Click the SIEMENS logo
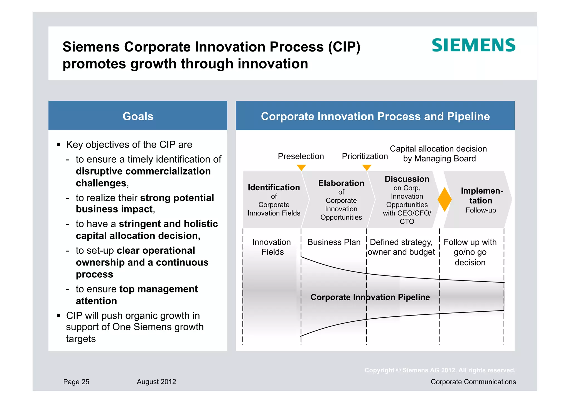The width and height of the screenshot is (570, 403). coord(473,45)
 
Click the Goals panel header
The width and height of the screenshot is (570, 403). coord(138,116)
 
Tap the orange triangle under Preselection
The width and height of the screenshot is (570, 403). coord(301,167)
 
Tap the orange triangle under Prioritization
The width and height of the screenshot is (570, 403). coord(367,167)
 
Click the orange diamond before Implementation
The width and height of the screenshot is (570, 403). coord(444,199)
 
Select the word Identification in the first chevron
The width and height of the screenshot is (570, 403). coord(274,187)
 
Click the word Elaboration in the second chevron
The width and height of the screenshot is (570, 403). coord(341,183)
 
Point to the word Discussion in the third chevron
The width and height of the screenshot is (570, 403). coord(407,179)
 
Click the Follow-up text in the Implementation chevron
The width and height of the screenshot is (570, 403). coord(481,210)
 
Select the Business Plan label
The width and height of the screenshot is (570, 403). coord(334,242)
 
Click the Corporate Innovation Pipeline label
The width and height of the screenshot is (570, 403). coord(370,297)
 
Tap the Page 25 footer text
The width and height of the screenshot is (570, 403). coord(76,382)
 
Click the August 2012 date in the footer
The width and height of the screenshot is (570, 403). coord(156,382)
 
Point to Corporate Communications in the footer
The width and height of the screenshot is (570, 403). coord(473,382)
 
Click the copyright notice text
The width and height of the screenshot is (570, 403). coord(440,370)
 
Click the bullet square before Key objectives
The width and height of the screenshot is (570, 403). coord(58,144)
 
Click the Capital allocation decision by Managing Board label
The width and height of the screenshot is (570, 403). coord(438,154)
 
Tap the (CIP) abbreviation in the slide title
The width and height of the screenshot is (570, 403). coord(344,47)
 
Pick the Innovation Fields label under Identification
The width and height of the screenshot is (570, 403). coord(272,247)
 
